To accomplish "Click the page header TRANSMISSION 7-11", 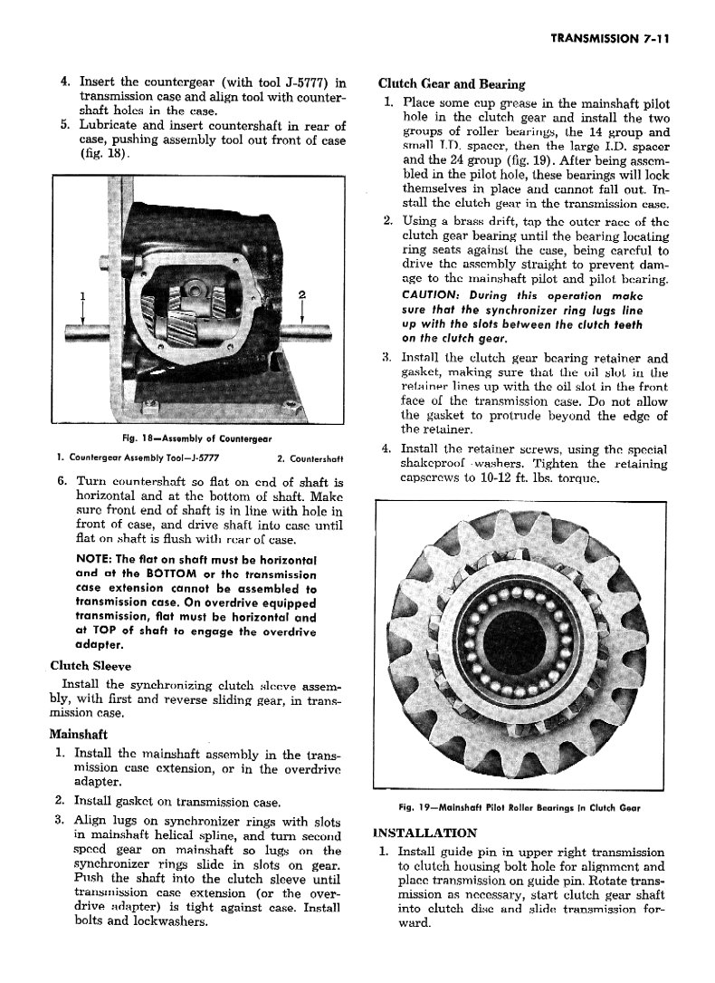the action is pos(610,38).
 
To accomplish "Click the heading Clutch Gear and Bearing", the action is pos(451,84).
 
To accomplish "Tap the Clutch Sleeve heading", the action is pos(91,666).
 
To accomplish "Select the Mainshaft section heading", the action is pos(78,734).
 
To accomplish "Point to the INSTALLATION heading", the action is pos(424,834).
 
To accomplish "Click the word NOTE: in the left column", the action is pos(94,559).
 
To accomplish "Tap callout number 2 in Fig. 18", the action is pos(301,294).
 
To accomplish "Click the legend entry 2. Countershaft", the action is pos(310,458).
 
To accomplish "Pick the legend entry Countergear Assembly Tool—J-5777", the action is pos(138,458).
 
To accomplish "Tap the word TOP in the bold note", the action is pos(105,631).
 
